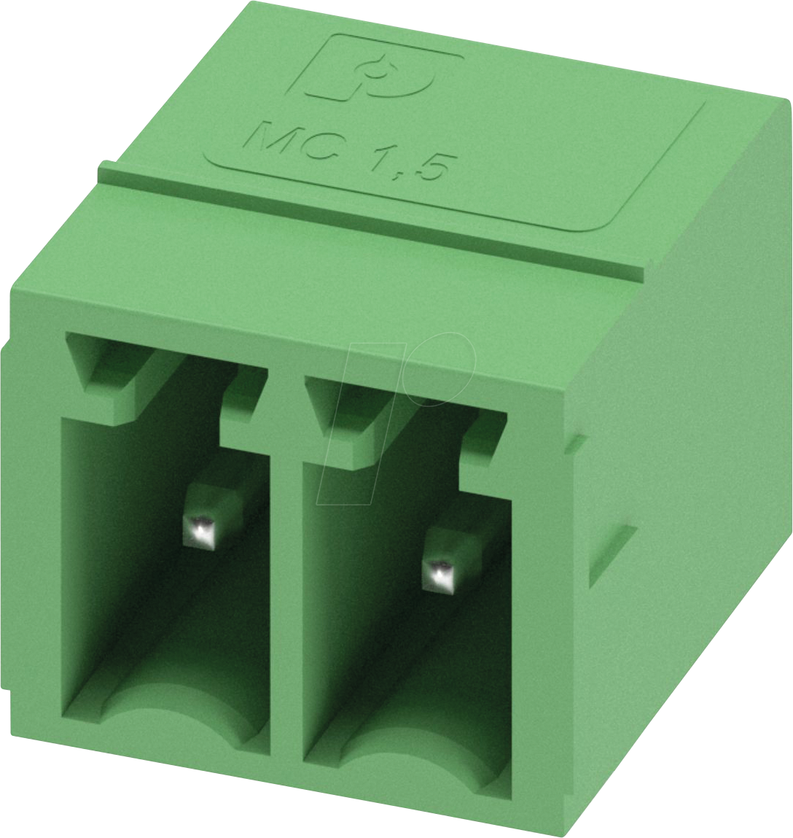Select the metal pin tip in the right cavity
pyautogui.click(x=440, y=573)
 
